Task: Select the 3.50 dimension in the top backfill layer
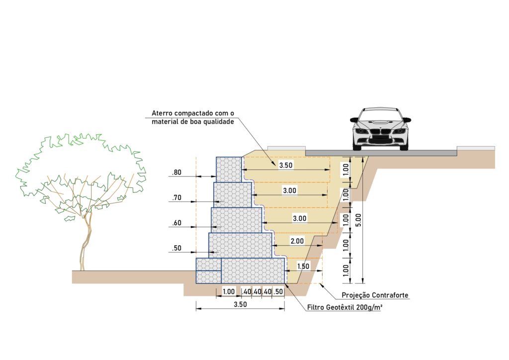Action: [x=285, y=165]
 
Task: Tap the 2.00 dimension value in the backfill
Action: [x=297, y=241]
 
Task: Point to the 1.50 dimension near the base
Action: [x=303, y=267]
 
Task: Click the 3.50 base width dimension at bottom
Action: [x=240, y=305]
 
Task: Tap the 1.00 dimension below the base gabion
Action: [x=229, y=292]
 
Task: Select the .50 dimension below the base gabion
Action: [x=278, y=292]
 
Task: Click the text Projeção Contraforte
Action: [x=375, y=295]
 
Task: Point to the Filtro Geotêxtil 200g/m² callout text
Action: [x=344, y=308]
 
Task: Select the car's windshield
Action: [x=380, y=114]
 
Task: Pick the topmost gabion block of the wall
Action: [x=229, y=170]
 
